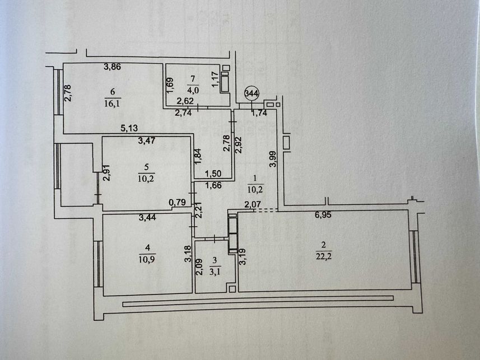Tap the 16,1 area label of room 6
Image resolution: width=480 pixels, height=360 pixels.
[x=112, y=103]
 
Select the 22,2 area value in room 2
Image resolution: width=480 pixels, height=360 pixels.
[x=324, y=256]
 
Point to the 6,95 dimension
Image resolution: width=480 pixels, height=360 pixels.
[x=323, y=215]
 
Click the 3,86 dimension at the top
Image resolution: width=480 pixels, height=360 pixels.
[x=113, y=67]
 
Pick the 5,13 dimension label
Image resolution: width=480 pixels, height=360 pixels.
[x=129, y=128]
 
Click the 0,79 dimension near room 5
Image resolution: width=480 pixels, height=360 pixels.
[x=177, y=202]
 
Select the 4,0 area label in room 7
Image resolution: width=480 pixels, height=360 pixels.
[x=193, y=90]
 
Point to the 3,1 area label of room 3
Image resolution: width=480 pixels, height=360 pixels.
[x=215, y=271]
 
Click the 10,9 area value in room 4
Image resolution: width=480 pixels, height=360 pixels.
[x=147, y=259]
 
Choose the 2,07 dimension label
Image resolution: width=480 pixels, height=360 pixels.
[x=253, y=204]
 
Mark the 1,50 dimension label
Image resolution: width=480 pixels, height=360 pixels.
[x=213, y=174]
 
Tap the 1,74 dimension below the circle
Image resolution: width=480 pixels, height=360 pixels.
[x=259, y=113]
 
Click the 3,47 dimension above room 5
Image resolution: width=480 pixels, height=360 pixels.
[x=147, y=141]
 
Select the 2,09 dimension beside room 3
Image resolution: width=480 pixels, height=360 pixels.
[x=199, y=267]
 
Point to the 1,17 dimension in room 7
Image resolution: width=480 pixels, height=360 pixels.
[x=216, y=79]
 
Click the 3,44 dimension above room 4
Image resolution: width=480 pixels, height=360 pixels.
[x=147, y=218]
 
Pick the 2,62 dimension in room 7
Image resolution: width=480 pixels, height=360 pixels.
[x=184, y=101]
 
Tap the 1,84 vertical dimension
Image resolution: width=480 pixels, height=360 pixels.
[x=198, y=156]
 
